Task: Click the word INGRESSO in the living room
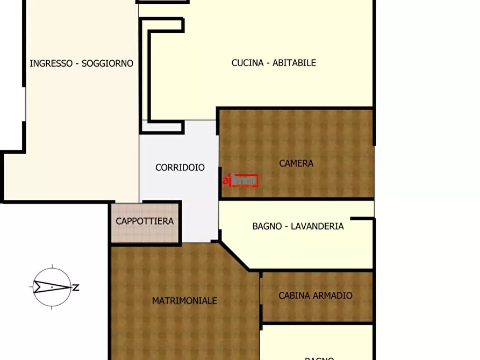click(51, 63)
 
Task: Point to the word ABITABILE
click(294, 63)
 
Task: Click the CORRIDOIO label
click(180, 168)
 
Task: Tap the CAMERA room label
click(296, 163)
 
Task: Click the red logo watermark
click(240, 181)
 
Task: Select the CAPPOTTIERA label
click(145, 221)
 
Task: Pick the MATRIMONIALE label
click(184, 301)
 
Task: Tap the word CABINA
click(293, 296)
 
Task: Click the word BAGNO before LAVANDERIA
click(267, 226)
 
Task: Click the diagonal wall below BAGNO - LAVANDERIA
click(235, 256)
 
